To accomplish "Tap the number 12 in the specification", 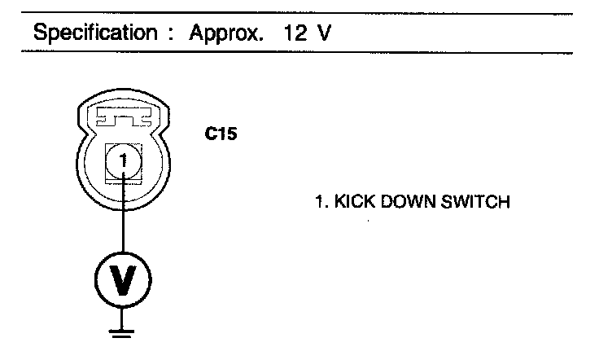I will pos(297,35).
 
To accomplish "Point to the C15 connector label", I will pos(220,134).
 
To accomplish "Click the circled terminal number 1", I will pos(123,161).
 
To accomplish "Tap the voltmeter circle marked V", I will pos(123,281).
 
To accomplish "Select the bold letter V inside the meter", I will pos(123,282).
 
